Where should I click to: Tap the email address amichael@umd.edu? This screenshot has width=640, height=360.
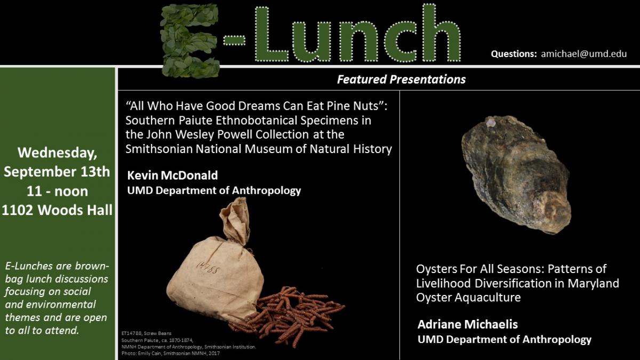(583, 54)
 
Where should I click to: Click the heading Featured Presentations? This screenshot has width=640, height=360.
(401, 79)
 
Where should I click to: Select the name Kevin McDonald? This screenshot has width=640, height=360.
(172, 175)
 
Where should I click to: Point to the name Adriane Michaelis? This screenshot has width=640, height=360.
(467, 324)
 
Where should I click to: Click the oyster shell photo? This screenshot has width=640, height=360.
(517, 175)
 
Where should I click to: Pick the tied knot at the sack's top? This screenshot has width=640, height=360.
(235, 220)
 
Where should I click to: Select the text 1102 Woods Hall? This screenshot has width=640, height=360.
(57, 210)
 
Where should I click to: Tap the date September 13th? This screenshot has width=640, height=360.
(57, 172)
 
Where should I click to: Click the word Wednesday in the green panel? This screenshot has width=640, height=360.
(57, 153)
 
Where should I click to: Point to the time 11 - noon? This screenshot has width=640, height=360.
(57, 191)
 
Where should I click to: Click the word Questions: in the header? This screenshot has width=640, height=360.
(514, 54)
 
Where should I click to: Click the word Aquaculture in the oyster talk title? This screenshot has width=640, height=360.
(487, 298)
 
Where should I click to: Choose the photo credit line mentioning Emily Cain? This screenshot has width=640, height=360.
(171, 354)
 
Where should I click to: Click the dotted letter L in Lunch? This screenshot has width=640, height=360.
(271, 34)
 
